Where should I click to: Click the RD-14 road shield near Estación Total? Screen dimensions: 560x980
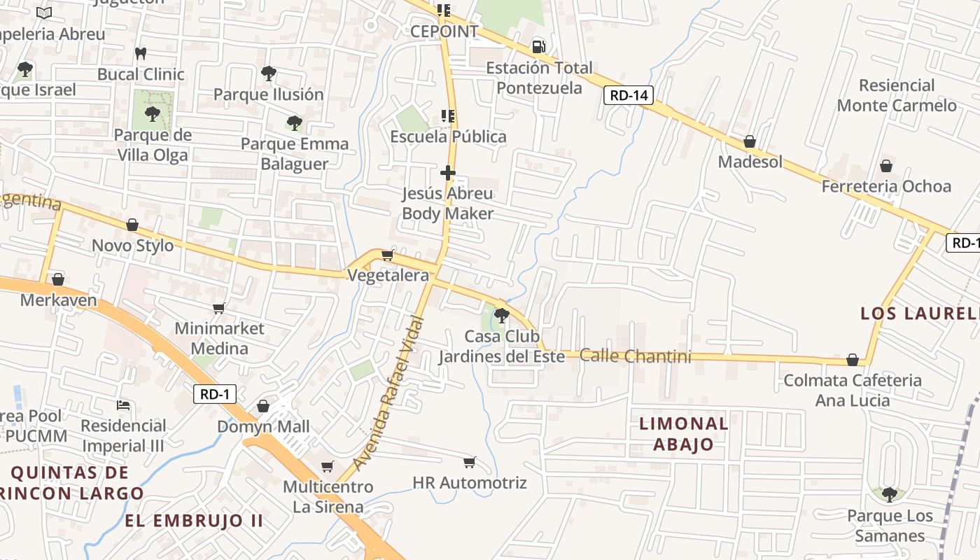click(629, 95)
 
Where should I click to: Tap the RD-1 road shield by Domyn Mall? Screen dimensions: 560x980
click(214, 394)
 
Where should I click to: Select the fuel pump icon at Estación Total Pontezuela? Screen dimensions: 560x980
click(538, 46)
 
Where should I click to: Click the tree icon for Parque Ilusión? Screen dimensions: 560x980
click(268, 73)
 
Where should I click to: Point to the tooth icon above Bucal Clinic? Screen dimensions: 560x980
click(141, 53)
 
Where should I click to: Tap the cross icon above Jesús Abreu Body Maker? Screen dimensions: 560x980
click(448, 172)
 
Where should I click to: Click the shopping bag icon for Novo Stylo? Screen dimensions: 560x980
click(132, 225)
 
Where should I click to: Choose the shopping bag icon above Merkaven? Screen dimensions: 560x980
click(58, 279)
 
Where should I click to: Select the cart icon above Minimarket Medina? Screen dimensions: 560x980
click(219, 308)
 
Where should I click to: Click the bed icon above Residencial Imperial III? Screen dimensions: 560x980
click(123, 405)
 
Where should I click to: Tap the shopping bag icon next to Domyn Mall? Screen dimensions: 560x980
click(263, 406)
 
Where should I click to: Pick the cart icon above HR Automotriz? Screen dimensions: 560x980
click(469, 462)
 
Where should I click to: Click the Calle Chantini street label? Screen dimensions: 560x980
click(636, 356)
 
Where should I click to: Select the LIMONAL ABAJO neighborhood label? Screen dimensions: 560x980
click(684, 433)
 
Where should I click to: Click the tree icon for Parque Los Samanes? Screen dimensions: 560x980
click(889, 495)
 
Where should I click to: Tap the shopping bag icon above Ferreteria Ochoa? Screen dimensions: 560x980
click(886, 166)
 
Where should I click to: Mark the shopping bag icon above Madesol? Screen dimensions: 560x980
click(750, 141)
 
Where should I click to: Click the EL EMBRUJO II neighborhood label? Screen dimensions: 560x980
click(194, 521)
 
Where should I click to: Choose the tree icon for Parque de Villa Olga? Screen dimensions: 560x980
click(152, 113)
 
